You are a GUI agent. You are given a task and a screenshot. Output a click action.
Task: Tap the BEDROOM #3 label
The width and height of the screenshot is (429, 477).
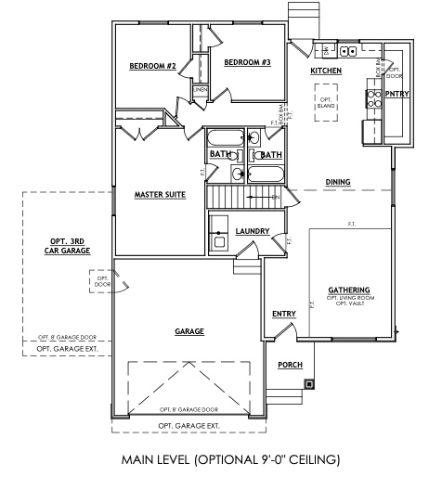click(x=247, y=62)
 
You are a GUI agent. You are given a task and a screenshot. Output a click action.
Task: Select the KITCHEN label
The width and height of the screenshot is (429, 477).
click(x=326, y=71)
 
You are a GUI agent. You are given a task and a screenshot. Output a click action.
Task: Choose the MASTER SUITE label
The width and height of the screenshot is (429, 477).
click(x=160, y=194)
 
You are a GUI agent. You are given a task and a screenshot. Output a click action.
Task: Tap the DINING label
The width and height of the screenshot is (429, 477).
click(x=337, y=182)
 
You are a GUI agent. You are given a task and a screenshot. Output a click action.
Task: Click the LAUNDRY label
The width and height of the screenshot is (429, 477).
click(x=253, y=230)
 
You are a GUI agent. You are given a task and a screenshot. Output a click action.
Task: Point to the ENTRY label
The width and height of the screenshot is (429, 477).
click(x=283, y=314)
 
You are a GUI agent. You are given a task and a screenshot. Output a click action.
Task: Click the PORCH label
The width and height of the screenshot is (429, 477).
click(x=290, y=364)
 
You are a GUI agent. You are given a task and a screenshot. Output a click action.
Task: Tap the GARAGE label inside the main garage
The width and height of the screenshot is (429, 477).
click(x=189, y=330)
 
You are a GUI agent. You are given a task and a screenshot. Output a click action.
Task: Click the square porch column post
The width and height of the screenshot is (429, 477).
click(x=309, y=382)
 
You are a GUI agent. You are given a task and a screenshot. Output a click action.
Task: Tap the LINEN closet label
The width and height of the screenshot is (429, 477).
click(x=200, y=89)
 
